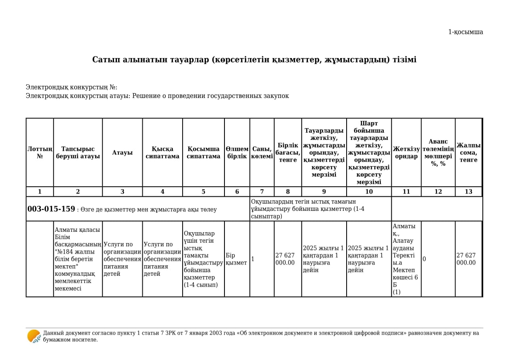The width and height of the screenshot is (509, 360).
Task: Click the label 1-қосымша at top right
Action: pos(465,32)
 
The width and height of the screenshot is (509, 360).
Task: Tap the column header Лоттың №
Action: pos(39,152)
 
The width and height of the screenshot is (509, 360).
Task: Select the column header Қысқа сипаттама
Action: pos(162,152)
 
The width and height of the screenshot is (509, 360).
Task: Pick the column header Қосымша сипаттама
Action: pos(203,152)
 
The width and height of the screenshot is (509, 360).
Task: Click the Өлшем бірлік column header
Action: pos(237,152)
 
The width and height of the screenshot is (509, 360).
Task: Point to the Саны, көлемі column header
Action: pos(262,152)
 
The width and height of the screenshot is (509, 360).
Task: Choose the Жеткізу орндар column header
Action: pos(406,152)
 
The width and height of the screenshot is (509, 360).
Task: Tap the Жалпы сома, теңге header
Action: pos(468,152)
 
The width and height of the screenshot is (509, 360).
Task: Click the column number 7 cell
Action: pos(262,191)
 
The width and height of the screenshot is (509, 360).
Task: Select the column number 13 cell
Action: pos(468,191)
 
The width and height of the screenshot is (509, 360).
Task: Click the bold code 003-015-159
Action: pos(51,209)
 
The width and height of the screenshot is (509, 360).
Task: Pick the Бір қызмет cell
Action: pos(236,259)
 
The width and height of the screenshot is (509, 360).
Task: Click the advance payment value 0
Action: pos(424,259)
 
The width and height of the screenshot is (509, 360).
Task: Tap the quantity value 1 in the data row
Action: pos(253,259)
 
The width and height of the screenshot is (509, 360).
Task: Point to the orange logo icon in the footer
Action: pos(34,336)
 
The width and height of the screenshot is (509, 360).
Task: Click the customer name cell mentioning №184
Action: pos(77,259)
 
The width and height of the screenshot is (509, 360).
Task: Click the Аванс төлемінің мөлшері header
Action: pos(438,152)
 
